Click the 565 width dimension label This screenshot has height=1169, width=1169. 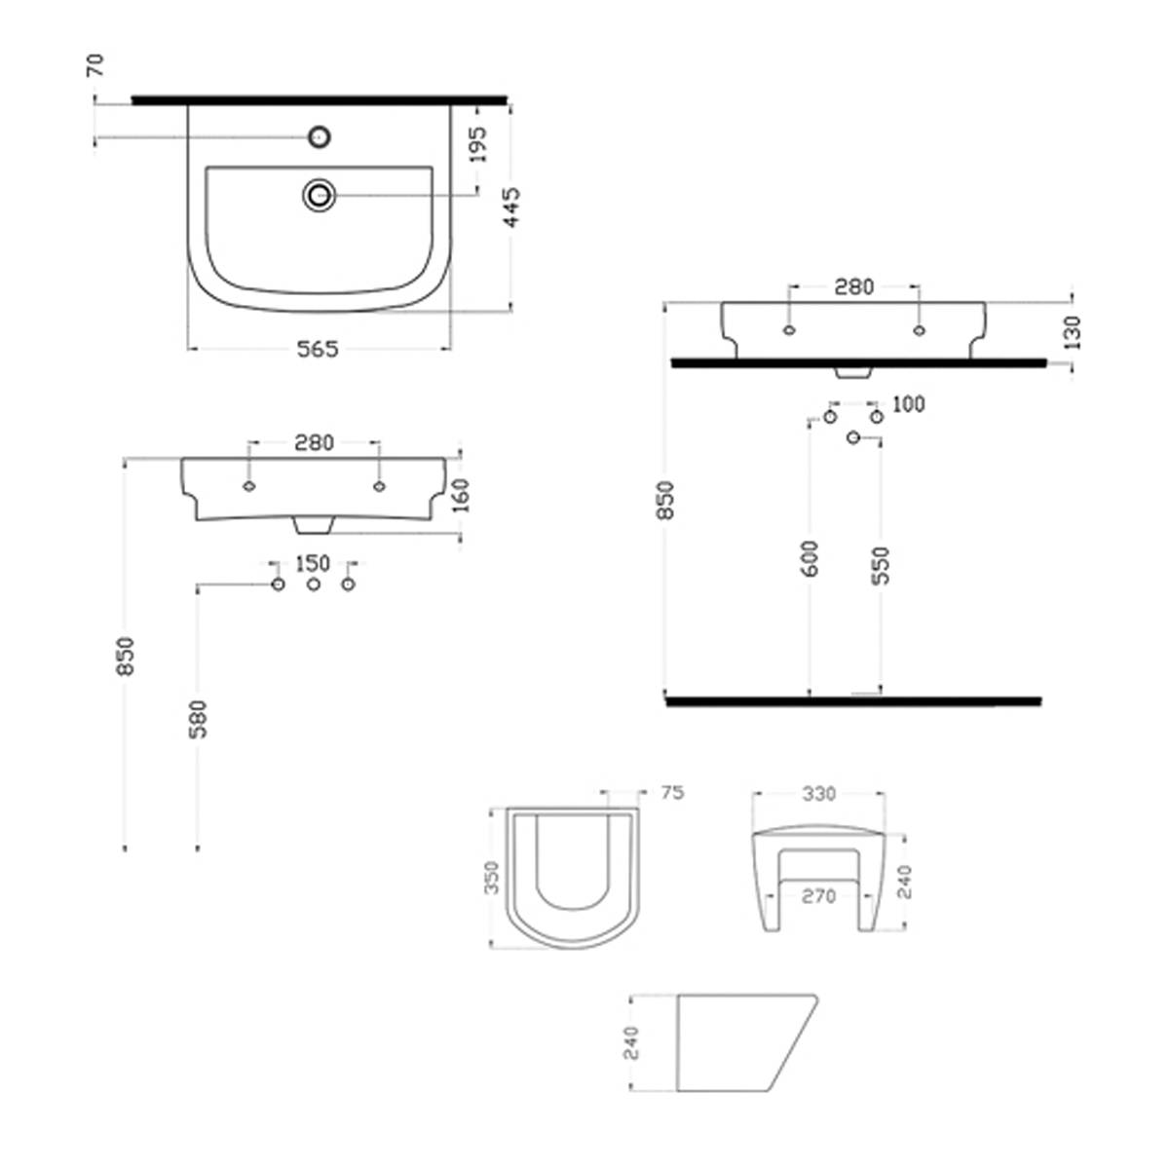[318, 350]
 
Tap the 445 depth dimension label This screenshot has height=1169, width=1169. [512, 207]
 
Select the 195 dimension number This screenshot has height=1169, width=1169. [479, 144]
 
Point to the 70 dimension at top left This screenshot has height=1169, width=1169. [95, 65]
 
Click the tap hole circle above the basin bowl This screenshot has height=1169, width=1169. [320, 137]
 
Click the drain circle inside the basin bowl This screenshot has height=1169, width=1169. [320, 195]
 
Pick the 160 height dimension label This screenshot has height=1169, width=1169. [462, 496]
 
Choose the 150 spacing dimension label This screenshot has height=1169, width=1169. [313, 564]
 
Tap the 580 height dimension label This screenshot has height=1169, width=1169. [199, 720]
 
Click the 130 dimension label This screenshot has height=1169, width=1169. [1074, 333]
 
